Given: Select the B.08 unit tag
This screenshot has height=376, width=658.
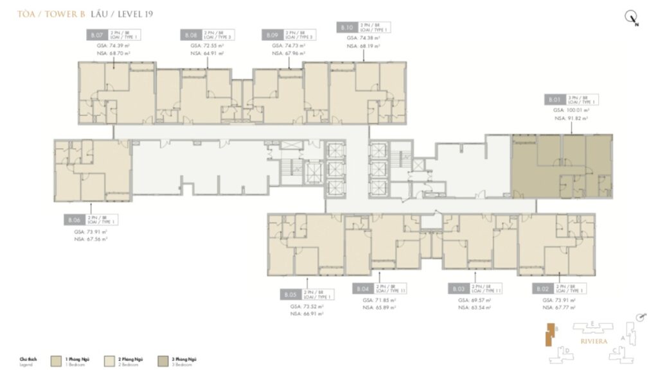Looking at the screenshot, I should pyautogui.click(x=191, y=36).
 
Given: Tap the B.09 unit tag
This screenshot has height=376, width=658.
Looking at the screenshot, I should pyautogui.click(x=272, y=36).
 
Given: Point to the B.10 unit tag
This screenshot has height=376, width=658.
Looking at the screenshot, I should pyautogui.click(x=346, y=28).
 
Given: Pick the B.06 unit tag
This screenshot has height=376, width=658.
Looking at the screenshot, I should pyautogui.click(x=73, y=220).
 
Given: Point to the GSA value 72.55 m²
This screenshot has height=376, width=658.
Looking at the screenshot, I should pyautogui.click(x=207, y=46).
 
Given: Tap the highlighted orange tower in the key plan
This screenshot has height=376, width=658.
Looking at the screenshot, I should pyautogui.click(x=548, y=336).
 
